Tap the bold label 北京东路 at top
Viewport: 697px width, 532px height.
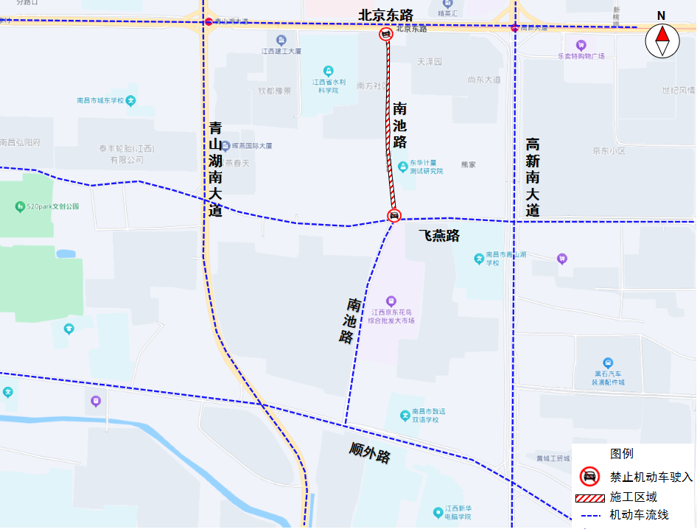point(385,15)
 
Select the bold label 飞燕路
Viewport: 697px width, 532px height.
point(439,236)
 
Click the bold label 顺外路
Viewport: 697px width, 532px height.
point(370,452)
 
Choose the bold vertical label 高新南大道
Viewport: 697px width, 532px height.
point(533,177)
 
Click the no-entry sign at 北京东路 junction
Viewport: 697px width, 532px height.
point(385,34)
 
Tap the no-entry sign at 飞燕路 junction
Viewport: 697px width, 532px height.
point(394,215)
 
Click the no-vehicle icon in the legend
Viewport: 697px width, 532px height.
point(589,477)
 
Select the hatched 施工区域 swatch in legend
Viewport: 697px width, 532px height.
point(589,497)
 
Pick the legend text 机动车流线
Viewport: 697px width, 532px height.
point(639,515)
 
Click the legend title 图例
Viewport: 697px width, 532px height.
point(621,453)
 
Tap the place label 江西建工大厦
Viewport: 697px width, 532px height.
point(281,51)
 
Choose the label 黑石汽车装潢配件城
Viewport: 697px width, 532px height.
point(607,377)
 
